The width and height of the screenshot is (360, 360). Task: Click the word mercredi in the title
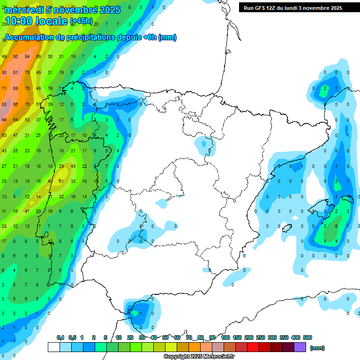(23, 10)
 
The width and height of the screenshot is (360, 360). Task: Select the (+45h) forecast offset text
(82, 21)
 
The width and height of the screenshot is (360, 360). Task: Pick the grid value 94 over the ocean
(4, 120)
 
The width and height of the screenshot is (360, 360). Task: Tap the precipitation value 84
(27, 57)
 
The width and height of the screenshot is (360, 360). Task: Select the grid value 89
(15, 88)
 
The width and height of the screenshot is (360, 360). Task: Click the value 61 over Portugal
(61, 181)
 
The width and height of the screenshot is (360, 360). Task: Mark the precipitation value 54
(38, 196)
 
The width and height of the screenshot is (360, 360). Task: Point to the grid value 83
(4, 104)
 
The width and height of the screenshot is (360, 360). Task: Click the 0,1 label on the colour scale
(60, 337)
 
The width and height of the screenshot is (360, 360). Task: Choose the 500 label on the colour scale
(307, 337)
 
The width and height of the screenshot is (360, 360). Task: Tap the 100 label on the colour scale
(225, 337)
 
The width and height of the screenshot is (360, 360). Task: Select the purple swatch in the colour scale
(300, 347)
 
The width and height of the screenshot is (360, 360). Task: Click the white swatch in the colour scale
(54, 347)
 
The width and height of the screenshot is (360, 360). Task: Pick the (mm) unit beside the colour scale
(318, 348)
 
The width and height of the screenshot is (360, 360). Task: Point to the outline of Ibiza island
(285, 228)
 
